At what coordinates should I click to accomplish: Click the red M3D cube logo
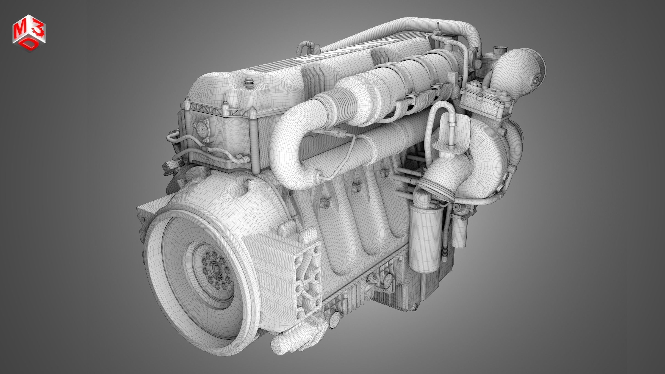pos(29,33)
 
